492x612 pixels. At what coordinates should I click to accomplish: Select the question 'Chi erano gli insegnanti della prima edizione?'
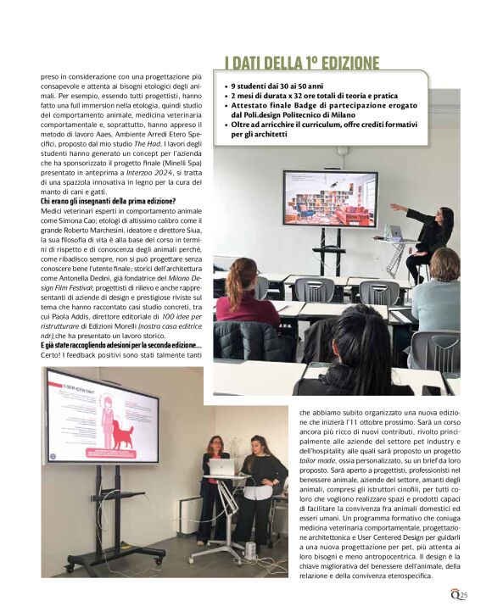108,201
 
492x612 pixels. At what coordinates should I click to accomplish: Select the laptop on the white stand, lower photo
221,467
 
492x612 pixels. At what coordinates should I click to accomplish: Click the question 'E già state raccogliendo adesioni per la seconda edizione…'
120,345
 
